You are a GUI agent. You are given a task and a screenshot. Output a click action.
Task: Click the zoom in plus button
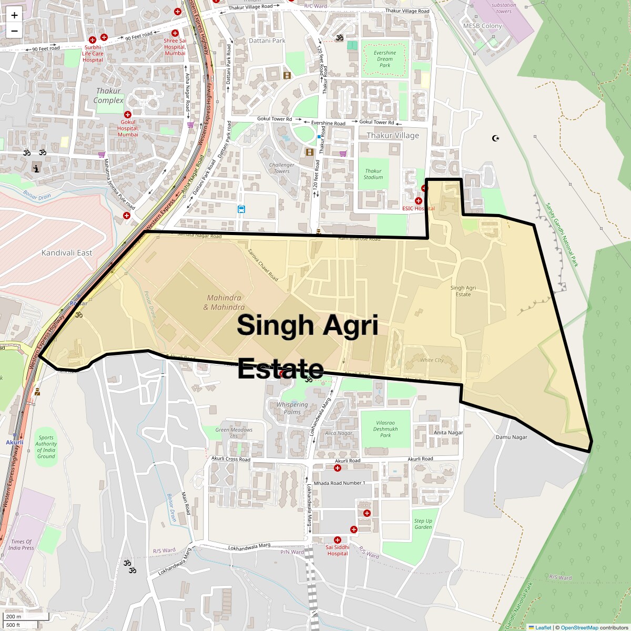[x=14, y=15]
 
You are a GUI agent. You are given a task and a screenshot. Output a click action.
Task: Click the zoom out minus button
[x=14, y=30]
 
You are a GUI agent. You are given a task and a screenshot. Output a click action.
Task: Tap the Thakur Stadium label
[x=373, y=174]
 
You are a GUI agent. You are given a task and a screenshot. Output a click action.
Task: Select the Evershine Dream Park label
[x=385, y=59]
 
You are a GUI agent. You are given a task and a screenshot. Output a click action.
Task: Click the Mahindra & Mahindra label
[x=224, y=302]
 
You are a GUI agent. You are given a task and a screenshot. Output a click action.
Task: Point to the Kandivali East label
[x=67, y=253]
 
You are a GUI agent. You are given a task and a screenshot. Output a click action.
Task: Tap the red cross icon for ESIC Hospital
[x=419, y=201]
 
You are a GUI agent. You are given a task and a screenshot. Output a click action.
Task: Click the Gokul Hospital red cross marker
[x=127, y=115]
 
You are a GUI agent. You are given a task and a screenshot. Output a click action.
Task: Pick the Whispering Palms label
[x=292, y=408]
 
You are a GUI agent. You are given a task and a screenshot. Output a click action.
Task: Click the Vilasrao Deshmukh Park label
[x=385, y=429]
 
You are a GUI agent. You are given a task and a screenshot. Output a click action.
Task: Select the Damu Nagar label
[x=511, y=437]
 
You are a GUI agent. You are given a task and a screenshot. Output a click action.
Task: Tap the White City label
[x=432, y=360]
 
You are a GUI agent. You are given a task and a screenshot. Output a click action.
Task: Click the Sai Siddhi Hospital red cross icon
[x=337, y=540]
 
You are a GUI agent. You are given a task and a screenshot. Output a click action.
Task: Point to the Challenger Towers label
[x=282, y=168]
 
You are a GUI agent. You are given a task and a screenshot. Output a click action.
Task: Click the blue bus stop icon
[x=241, y=209]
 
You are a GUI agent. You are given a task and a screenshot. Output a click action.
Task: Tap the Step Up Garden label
[x=423, y=524]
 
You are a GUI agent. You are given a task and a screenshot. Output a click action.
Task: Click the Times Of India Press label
[x=21, y=544]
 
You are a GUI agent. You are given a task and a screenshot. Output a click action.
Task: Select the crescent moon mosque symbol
[x=495, y=138]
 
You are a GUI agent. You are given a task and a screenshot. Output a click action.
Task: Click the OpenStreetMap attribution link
[x=579, y=627]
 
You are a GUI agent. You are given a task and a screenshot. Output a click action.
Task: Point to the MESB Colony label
[x=482, y=26]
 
